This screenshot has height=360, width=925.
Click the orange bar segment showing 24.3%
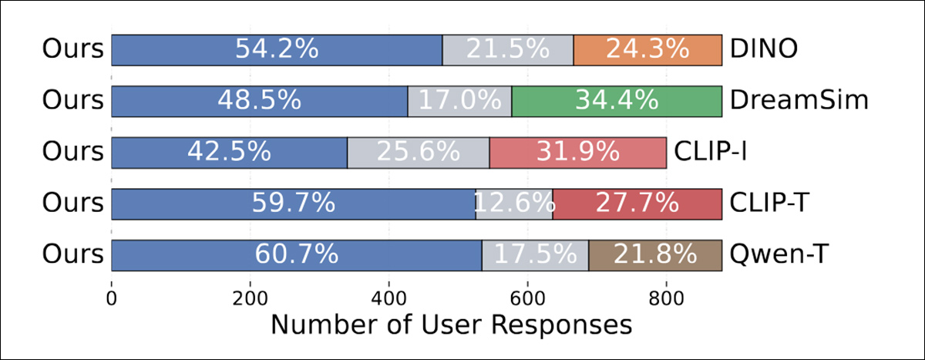(x=647, y=50)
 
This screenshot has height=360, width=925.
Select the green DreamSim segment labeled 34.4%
(x=616, y=101)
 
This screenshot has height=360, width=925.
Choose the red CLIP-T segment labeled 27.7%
(x=637, y=204)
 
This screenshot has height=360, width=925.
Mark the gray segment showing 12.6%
(x=513, y=204)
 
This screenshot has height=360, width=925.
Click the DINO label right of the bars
(x=763, y=50)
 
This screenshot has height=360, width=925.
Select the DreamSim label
(x=799, y=101)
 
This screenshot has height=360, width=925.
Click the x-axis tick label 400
(x=388, y=298)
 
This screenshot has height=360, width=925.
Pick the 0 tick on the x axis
(x=112, y=298)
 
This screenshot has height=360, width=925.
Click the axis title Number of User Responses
(x=451, y=325)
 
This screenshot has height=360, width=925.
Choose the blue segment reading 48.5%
(x=259, y=101)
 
